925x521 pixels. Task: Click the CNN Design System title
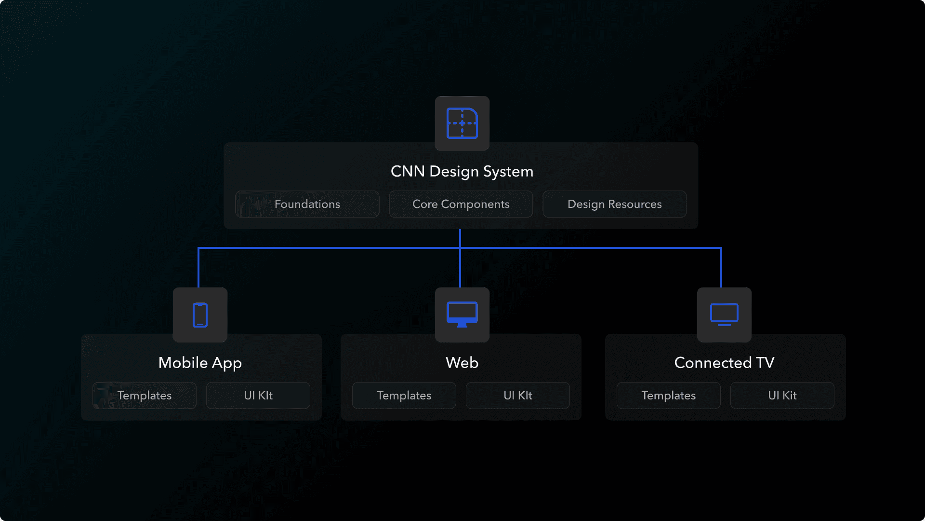click(x=462, y=172)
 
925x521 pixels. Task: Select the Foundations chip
click(x=307, y=204)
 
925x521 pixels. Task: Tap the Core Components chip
click(x=461, y=204)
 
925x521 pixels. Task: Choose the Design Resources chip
click(x=615, y=204)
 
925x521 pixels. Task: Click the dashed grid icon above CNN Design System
click(x=462, y=123)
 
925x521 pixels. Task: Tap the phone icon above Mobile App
click(x=200, y=315)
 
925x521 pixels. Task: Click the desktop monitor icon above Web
click(x=462, y=315)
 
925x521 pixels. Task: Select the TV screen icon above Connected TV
click(x=724, y=315)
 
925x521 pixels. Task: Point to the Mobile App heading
click(x=200, y=363)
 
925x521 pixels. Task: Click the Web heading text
click(x=462, y=363)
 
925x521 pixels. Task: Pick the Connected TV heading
click(x=724, y=363)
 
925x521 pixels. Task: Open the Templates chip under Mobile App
click(x=145, y=396)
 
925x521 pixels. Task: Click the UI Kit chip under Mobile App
click(x=258, y=396)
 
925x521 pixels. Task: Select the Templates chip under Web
click(x=404, y=396)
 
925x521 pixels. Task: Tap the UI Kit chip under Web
click(x=518, y=396)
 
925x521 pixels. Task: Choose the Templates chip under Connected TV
click(x=669, y=396)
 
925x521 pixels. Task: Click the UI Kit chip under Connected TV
click(x=782, y=396)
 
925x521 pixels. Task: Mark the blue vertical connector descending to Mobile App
click(x=198, y=268)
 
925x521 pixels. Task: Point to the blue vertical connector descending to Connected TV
click(x=721, y=268)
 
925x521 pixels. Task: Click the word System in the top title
click(x=508, y=172)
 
